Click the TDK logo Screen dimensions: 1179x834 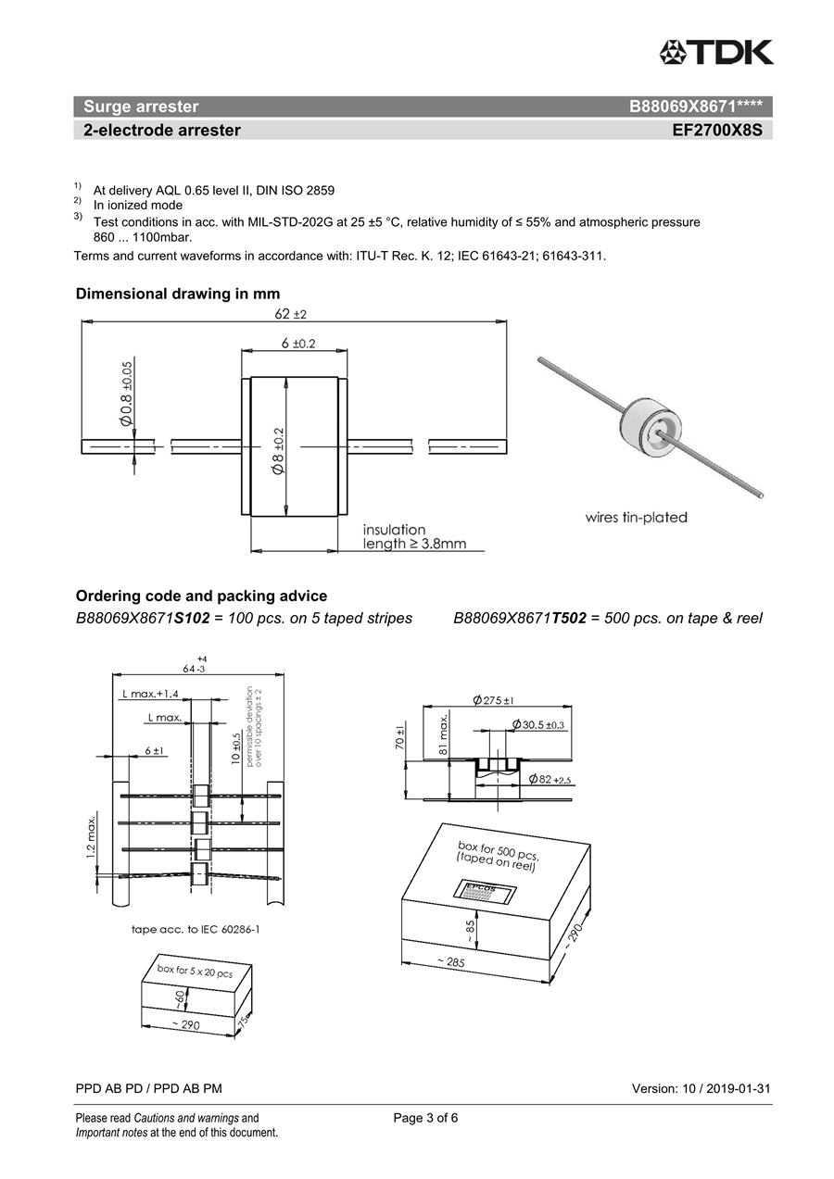[716, 52]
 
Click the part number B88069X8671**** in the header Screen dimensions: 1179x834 [695, 107]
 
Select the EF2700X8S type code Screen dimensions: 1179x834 [717, 131]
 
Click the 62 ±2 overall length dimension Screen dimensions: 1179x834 [290, 314]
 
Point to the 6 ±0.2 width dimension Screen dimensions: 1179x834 [297, 344]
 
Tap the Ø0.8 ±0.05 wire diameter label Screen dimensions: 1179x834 [127, 393]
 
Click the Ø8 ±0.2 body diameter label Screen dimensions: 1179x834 [278, 451]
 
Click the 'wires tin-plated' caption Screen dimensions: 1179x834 [636, 518]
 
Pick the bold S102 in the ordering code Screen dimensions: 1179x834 [192, 618]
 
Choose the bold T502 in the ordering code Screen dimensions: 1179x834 [569, 618]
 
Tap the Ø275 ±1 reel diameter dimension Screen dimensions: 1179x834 [493, 700]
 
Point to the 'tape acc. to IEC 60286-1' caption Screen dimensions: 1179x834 [195, 929]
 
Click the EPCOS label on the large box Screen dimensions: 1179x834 [480, 888]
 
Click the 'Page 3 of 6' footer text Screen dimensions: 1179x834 [425, 1118]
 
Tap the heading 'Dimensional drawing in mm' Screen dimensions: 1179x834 [177, 294]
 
